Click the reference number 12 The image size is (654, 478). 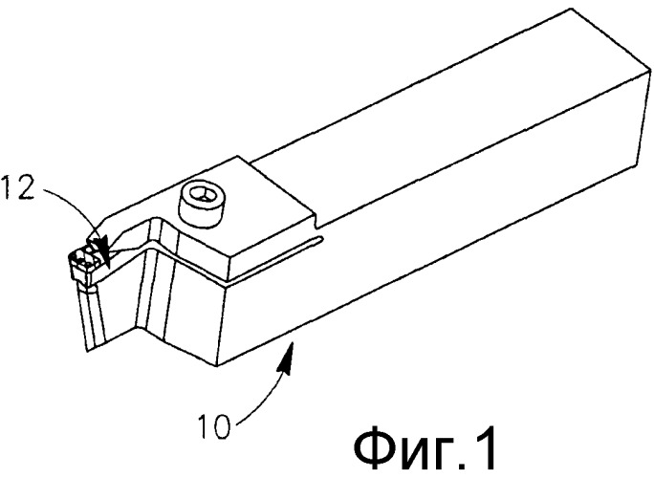pyautogui.click(x=16, y=187)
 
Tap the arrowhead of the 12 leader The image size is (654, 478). pyautogui.click(x=103, y=251)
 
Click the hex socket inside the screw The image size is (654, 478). pyautogui.click(x=201, y=194)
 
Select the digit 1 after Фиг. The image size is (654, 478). pyautogui.click(x=486, y=448)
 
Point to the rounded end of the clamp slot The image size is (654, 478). pyautogui.click(x=321, y=239)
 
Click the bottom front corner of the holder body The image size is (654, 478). pyautogui.click(x=217, y=367)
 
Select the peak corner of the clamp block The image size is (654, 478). pyautogui.click(x=239, y=157)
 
